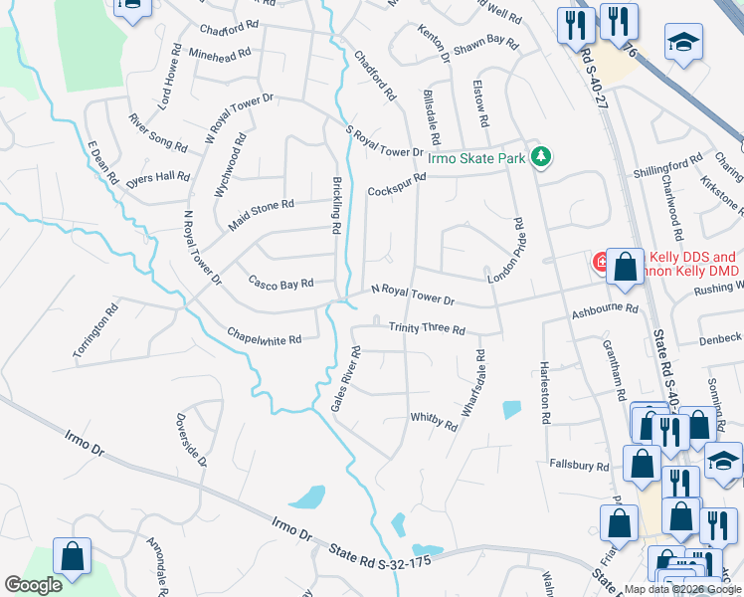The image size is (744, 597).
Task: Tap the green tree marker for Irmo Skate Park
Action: click(x=541, y=156)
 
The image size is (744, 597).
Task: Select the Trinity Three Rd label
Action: click(x=427, y=328)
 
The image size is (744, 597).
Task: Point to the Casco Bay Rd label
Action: click(x=280, y=283)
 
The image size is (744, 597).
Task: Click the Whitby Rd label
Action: click(x=434, y=422)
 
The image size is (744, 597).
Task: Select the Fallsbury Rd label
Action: click(x=579, y=465)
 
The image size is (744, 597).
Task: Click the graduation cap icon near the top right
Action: click(x=682, y=44)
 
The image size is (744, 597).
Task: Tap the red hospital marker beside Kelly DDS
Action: click(x=602, y=263)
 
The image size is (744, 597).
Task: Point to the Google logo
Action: click(x=33, y=585)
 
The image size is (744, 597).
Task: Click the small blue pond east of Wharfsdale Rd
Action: click(x=511, y=408)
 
